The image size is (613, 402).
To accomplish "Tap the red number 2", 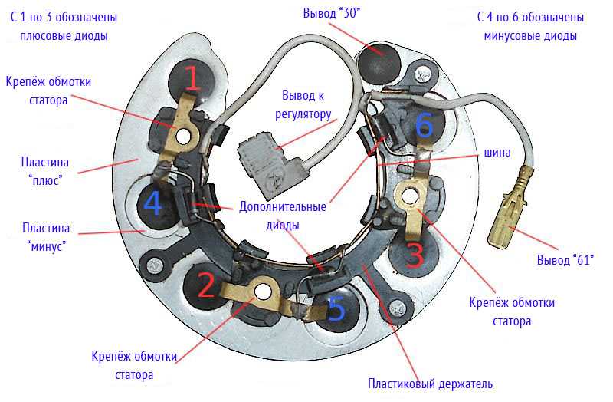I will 206,285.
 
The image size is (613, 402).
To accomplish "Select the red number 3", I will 414,252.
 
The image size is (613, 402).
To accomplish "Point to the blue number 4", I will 153,204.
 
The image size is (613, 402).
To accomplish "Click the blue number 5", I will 336,308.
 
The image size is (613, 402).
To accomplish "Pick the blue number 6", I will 424,124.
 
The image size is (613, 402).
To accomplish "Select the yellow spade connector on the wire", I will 510,211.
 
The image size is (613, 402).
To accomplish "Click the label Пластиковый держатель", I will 429,384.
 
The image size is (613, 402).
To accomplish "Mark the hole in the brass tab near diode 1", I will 183,137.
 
